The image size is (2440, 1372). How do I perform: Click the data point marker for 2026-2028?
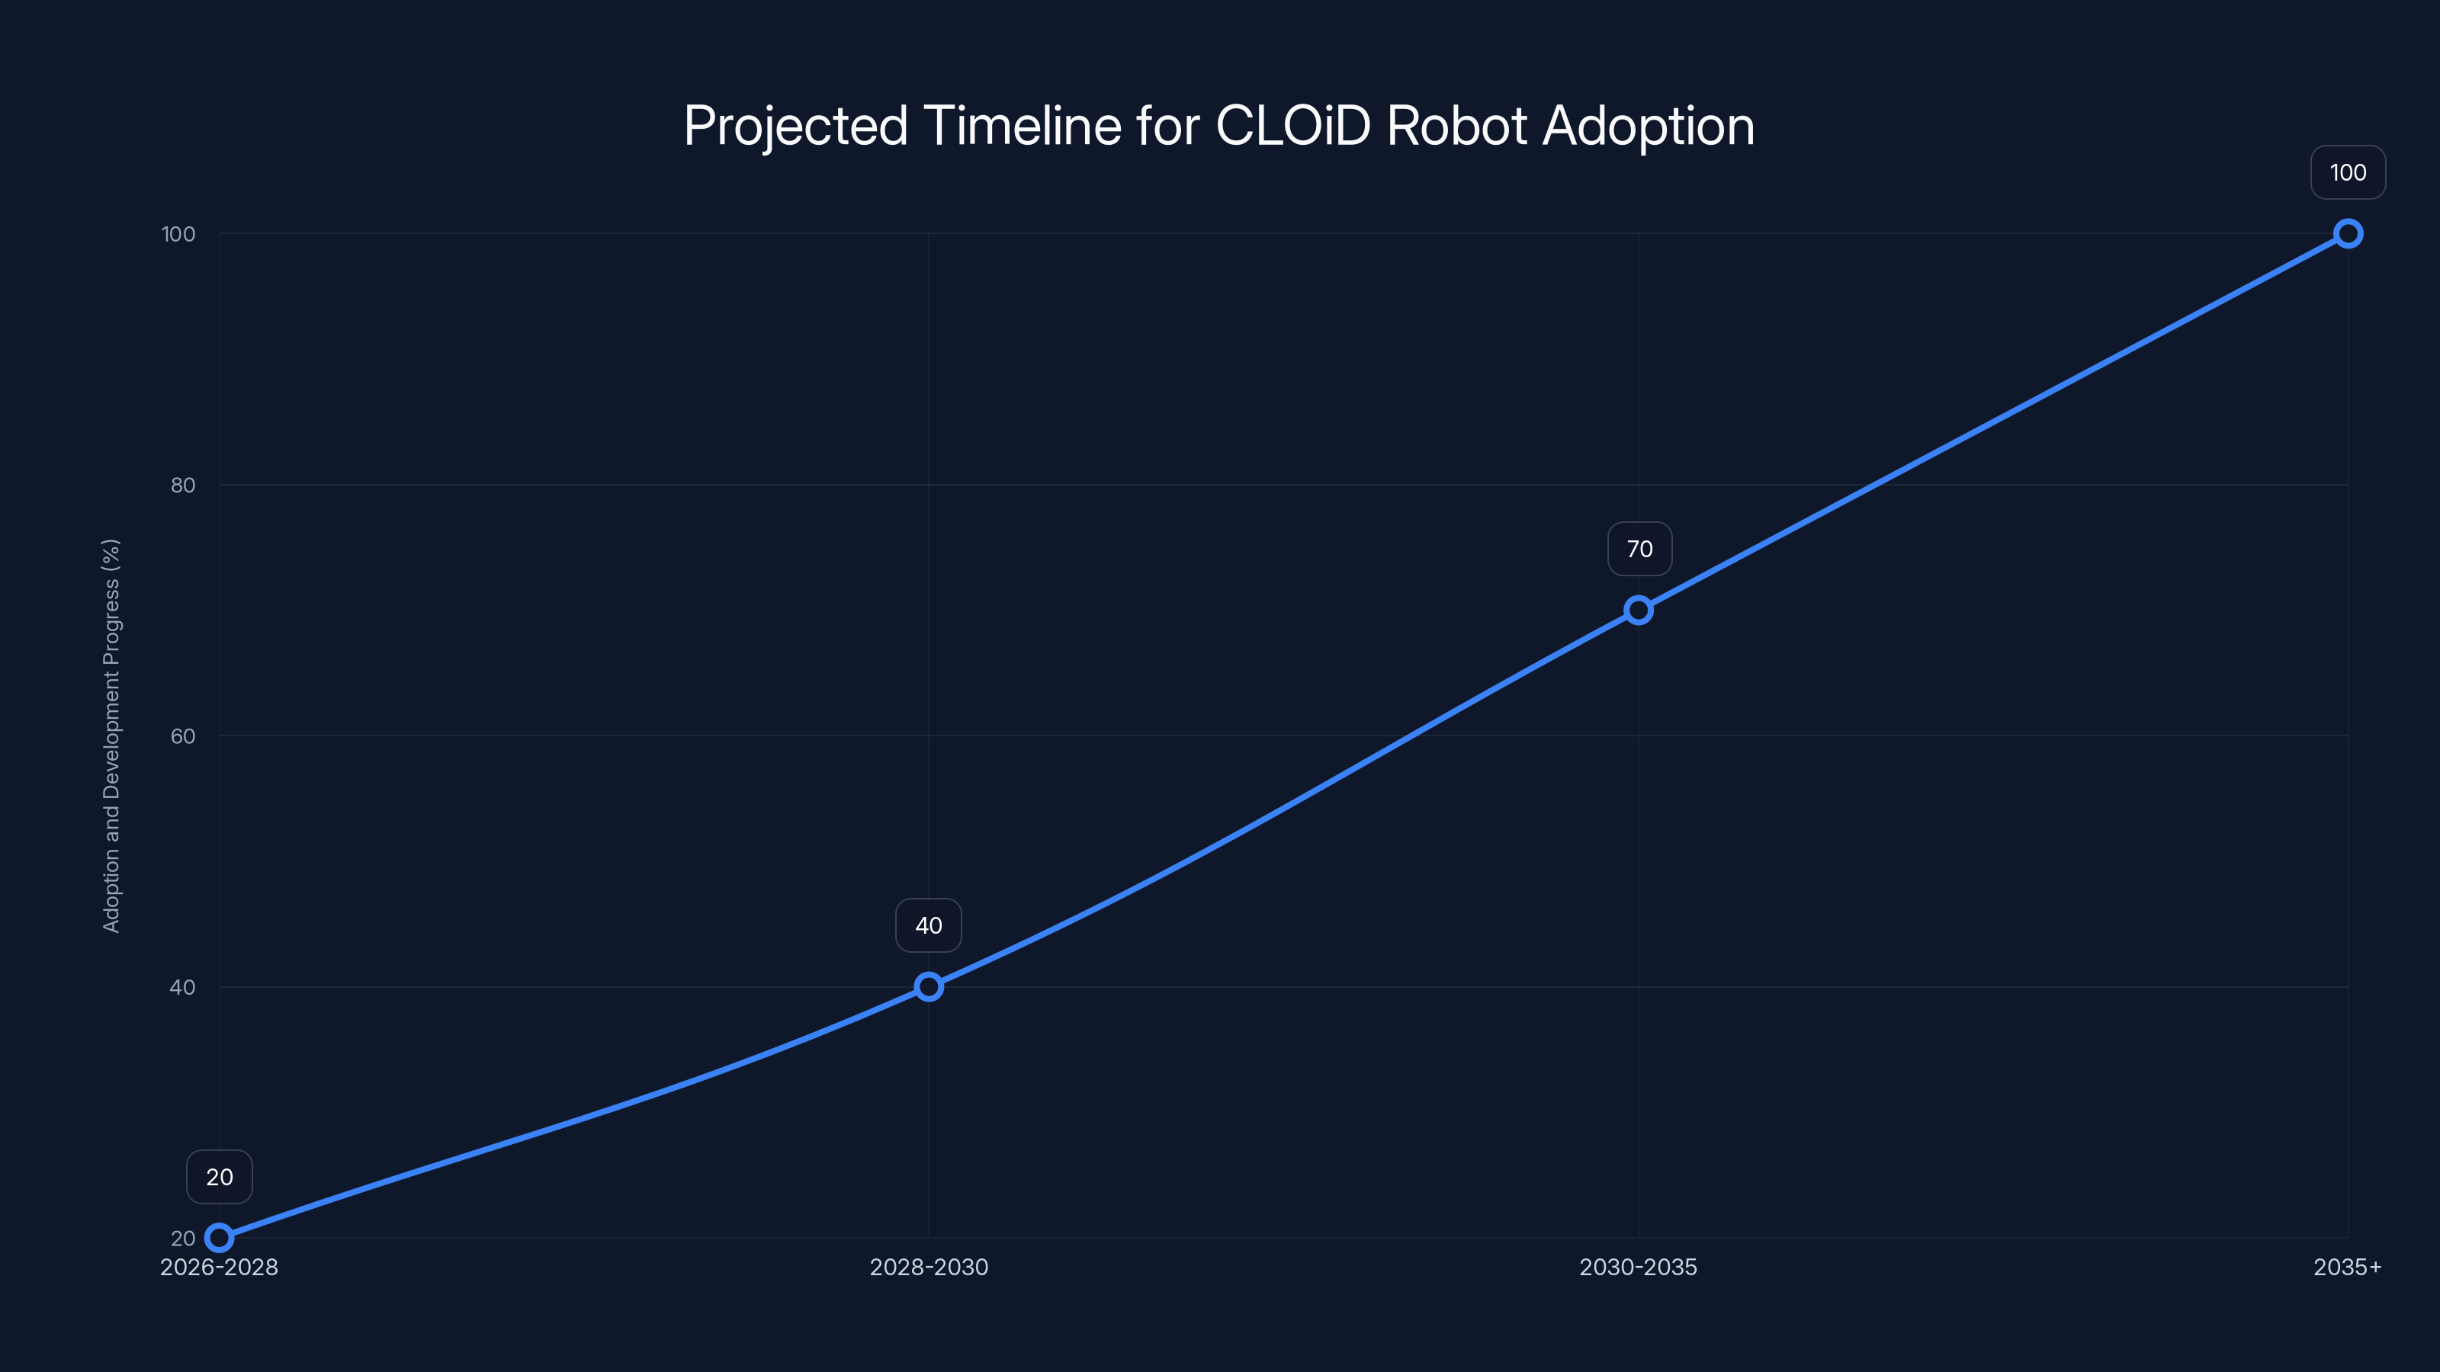point(219,1238)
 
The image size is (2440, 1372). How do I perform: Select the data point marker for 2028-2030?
point(928,986)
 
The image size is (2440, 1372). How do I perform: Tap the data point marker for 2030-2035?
point(1639,610)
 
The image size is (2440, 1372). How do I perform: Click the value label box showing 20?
point(219,1177)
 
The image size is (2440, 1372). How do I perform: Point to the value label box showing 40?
point(928,925)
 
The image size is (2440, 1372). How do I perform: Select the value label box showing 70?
point(1639,549)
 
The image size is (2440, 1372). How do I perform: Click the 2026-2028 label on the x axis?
point(219,1267)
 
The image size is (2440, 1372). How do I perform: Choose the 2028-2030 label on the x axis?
point(928,1267)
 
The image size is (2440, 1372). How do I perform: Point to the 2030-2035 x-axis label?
point(1639,1267)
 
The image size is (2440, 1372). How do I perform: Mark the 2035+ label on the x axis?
point(2347,1267)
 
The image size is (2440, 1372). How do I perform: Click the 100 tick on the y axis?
point(178,234)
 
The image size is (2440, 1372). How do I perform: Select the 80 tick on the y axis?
point(183,485)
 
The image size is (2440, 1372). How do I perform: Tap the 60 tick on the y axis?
point(183,736)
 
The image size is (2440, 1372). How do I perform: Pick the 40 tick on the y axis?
point(183,986)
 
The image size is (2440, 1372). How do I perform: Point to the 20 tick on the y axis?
point(183,1239)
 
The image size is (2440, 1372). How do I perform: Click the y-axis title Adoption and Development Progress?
point(111,736)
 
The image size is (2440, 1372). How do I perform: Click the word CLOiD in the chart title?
point(1293,126)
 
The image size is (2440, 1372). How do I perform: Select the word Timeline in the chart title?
point(1022,126)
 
